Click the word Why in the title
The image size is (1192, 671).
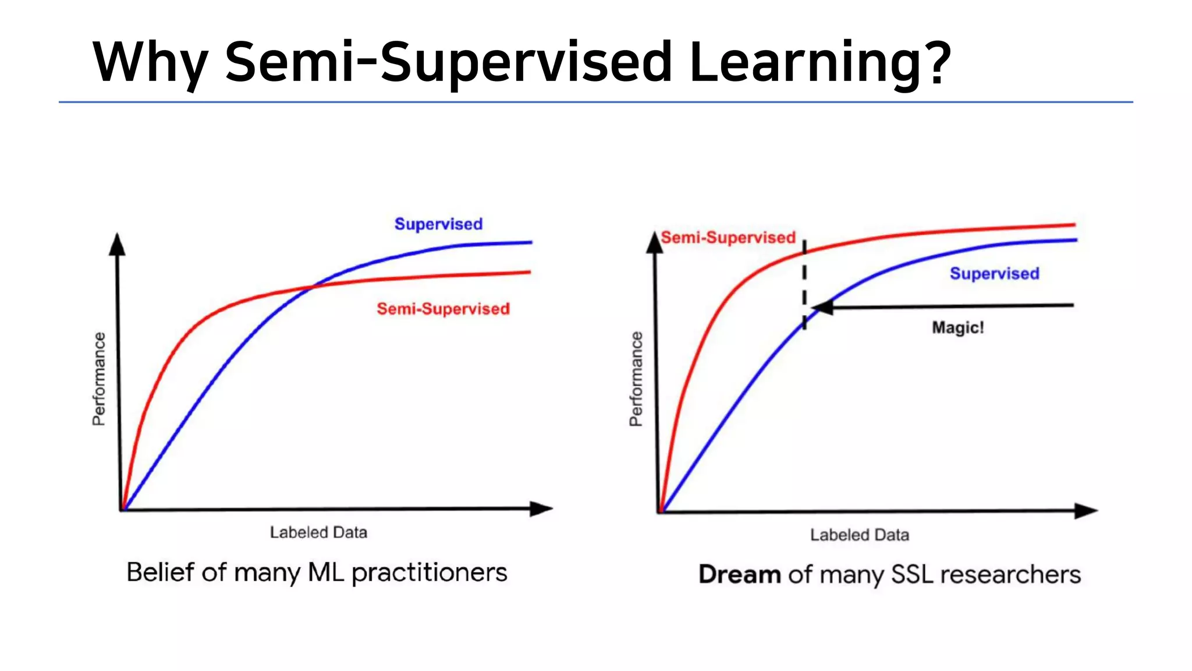click(150, 63)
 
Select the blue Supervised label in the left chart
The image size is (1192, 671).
click(438, 224)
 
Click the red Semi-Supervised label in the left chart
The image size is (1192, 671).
click(443, 309)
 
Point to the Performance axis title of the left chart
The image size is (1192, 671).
click(100, 379)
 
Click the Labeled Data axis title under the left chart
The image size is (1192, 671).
click(318, 532)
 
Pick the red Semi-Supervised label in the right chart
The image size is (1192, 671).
click(728, 238)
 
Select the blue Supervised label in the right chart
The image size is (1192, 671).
click(994, 274)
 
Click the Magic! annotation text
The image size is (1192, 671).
click(957, 327)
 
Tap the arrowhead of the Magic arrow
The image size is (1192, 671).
click(822, 307)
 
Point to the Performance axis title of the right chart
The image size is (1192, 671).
click(636, 379)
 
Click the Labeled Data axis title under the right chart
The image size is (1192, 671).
click(859, 535)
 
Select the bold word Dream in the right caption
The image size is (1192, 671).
click(739, 575)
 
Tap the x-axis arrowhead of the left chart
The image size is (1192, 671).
click(541, 508)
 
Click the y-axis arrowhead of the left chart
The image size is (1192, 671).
click(118, 245)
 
